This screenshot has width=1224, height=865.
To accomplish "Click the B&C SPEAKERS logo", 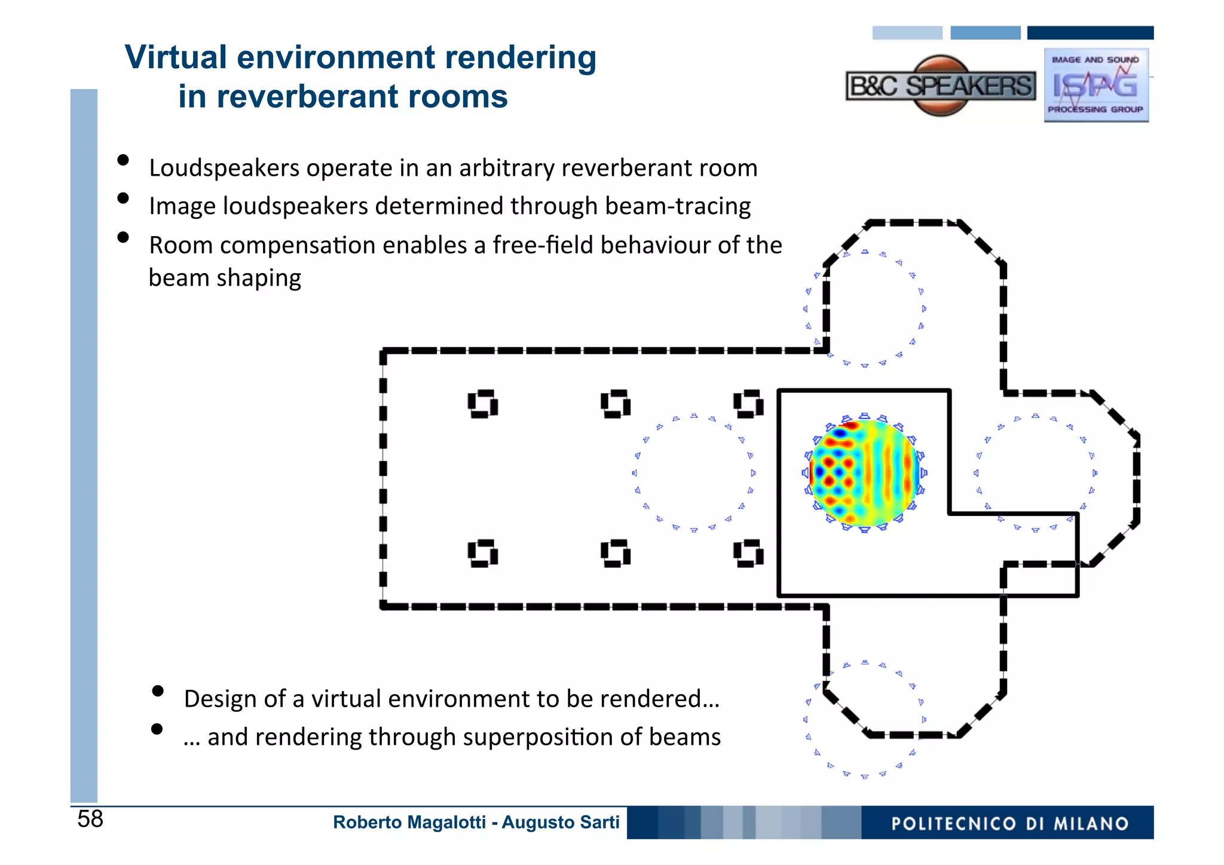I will [x=940, y=86].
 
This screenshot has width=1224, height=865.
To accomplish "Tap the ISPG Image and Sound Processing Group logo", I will [x=1096, y=85].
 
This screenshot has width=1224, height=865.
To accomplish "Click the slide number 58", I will [x=90, y=819].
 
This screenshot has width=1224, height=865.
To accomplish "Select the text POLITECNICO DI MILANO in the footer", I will [x=1009, y=824].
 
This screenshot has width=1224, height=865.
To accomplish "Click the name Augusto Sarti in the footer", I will [x=560, y=823].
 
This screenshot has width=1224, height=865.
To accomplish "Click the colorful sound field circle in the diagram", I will [x=864, y=473].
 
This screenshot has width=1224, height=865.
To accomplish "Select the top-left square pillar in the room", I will [x=483, y=404].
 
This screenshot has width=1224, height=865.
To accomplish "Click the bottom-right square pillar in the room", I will [x=748, y=554].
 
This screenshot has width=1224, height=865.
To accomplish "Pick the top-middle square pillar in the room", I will [x=616, y=404].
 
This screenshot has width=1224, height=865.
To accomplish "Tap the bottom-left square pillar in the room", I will [x=483, y=554].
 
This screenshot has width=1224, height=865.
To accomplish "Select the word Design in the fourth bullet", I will [x=220, y=699].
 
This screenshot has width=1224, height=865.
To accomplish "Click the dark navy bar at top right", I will [x=1090, y=33].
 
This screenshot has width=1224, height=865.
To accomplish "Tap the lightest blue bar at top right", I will [x=907, y=33].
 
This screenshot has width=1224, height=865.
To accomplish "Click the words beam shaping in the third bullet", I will [x=225, y=279].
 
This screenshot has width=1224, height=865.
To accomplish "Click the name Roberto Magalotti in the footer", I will [x=409, y=823].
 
